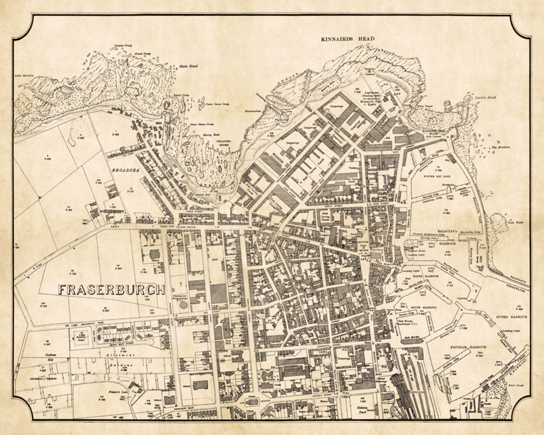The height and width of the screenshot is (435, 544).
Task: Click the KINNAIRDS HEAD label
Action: [348, 39]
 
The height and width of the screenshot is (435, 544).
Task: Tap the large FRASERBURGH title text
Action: [111, 290]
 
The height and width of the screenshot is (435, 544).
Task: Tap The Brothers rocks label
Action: [500, 147]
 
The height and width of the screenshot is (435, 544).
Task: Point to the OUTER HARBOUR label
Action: [511, 317]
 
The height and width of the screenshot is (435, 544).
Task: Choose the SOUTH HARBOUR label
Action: [425, 308]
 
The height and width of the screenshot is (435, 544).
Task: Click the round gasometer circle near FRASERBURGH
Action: [184, 304]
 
